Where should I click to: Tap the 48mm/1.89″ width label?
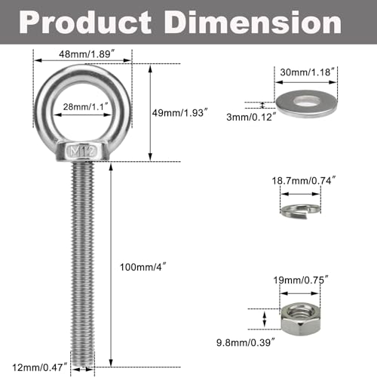[x=83, y=54]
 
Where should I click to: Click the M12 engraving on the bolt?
[x=84, y=152]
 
